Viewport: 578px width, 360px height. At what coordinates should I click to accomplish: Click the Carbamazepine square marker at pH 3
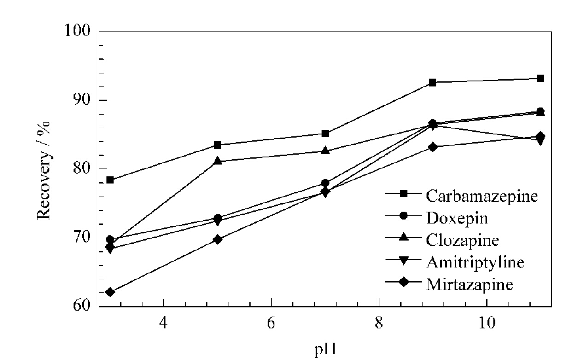tap(110, 180)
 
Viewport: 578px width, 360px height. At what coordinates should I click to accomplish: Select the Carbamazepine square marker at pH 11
tap(541, 78)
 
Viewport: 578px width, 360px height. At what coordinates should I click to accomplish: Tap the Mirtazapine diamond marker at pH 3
tap(110, 292)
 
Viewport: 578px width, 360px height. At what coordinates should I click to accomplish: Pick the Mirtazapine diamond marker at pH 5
tap(218, 239)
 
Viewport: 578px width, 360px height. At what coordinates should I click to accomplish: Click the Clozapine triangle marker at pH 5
tap(218, 161)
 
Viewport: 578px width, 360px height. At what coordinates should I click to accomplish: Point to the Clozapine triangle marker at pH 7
tap(325, 150)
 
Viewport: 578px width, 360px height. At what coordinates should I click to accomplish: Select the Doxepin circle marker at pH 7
tap(325, 183)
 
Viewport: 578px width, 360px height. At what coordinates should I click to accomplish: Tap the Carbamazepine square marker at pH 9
tap(433, 82)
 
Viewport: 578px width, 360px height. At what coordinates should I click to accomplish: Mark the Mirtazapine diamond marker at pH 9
tap(433, 147)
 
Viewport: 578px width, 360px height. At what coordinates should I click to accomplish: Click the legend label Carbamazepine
tap(482, 196)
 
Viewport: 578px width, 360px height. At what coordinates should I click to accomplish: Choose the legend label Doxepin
tap(457, 218)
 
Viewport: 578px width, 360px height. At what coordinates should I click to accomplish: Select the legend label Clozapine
tap(462, 240)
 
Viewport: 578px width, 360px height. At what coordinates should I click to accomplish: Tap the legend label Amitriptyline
tap(475, 262)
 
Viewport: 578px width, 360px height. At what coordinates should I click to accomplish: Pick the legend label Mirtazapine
tap(469, 285)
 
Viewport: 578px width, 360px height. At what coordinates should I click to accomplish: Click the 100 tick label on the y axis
tap(77, 31)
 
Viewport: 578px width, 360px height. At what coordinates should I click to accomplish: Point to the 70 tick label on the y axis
tap(82, 237)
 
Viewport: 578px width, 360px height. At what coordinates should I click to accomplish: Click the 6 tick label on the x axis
tap(271, 323)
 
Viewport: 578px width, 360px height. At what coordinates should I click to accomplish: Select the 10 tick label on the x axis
tap(487, 323)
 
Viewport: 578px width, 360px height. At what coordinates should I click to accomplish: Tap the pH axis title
tap(325, 349)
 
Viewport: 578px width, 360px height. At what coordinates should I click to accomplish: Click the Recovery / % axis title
tap(43, 170)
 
